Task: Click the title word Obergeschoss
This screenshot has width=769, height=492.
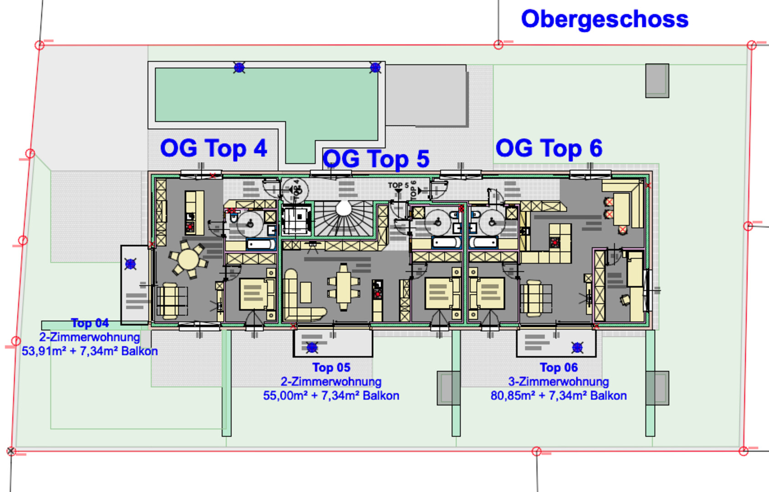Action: [604, 20]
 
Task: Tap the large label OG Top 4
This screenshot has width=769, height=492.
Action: [213, 149]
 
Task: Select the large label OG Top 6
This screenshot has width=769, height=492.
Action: [549, 149]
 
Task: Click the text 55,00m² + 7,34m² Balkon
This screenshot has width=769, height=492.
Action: [331, 395]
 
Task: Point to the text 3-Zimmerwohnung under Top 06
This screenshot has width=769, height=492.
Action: [559, 381]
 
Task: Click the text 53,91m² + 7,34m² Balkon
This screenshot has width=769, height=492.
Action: [90, 351]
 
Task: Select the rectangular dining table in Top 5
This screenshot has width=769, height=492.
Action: [343, 287]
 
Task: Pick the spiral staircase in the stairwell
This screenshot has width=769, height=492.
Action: [343, 218]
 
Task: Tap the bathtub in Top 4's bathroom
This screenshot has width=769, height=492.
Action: [261, 245]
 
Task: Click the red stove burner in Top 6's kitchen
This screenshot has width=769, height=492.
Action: [555, 242]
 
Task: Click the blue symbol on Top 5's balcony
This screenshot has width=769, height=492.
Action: [312, 348]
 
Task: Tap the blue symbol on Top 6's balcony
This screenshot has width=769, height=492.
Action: [577, 348]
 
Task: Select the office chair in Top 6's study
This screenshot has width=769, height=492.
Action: [625, 299]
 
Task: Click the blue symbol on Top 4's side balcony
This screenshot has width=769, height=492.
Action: [131, 264]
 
